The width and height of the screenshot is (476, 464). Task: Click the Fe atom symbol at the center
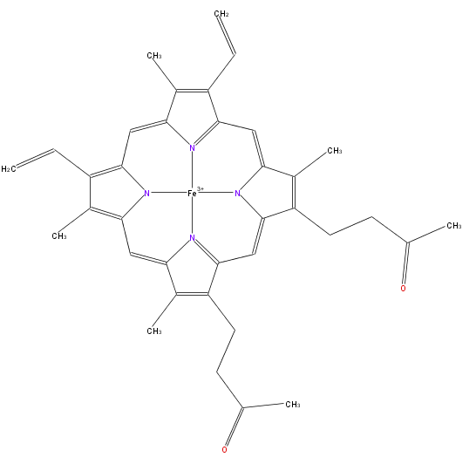click(192, 193)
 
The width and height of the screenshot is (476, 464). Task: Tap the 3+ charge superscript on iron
click(201, 189)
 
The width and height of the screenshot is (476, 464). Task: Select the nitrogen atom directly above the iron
click(192, 148)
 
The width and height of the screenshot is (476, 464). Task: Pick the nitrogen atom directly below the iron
click(192, 238)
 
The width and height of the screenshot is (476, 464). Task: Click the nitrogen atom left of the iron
click(147, 193)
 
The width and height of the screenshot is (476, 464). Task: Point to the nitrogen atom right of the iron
click(237, 193)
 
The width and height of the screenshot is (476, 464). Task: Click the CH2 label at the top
click(221, 14)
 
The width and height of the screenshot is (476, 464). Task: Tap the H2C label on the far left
click(9, 169)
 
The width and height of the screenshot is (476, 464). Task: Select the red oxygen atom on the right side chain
click(403, 288)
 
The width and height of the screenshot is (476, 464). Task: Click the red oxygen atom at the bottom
click(224, 450)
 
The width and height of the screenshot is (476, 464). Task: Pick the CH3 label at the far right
click(454, 226)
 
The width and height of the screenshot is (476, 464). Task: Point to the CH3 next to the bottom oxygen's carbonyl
click(293, 405)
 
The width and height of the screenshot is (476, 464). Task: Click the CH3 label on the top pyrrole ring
click(154, 56)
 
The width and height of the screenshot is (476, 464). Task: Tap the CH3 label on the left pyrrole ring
click(59, 236)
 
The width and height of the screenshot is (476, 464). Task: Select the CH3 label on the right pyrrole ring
click(335, 151)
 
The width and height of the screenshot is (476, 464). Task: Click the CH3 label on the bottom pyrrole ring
click(154, 331)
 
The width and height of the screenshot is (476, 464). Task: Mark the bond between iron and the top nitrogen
click(192, 170)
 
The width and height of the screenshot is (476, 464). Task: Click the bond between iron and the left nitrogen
click(169, 193)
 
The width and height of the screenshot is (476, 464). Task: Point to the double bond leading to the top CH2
click(227, 35)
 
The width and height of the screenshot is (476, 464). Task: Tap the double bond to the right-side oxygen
click(406, 263)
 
